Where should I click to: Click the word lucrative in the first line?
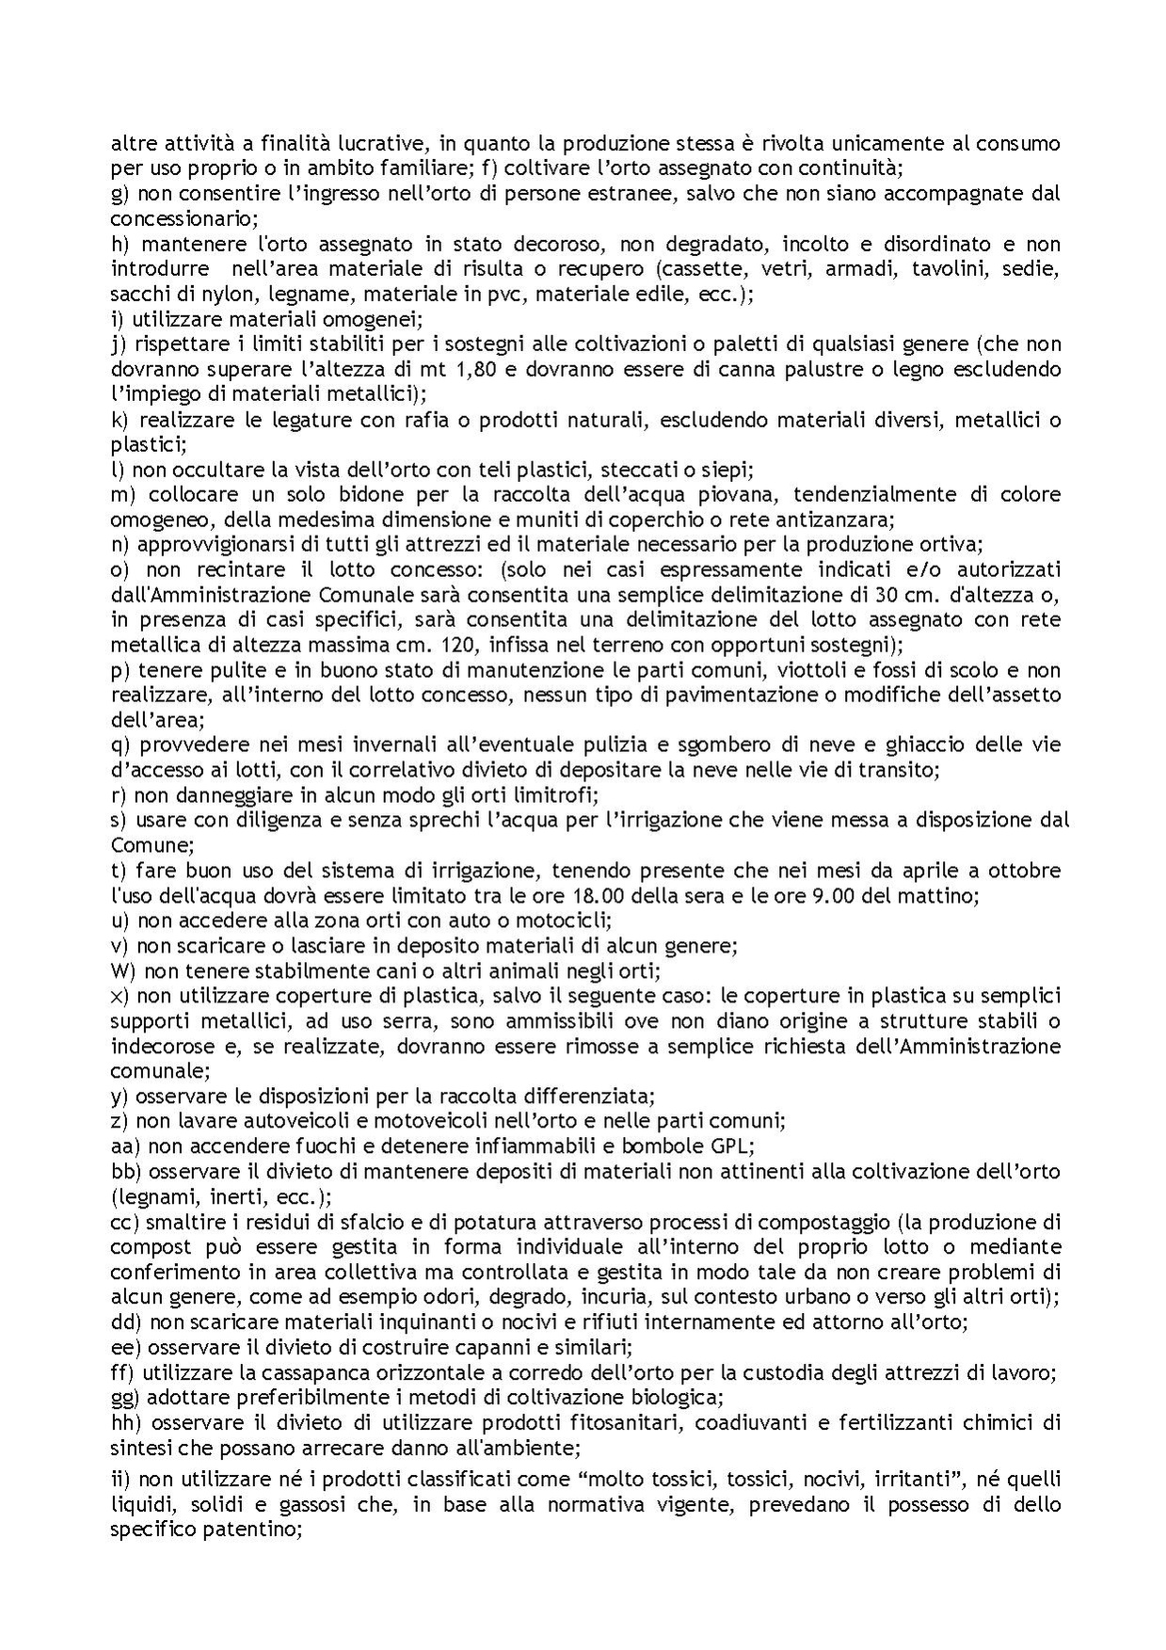[387, 144]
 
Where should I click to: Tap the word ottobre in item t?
[1027, 870]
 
